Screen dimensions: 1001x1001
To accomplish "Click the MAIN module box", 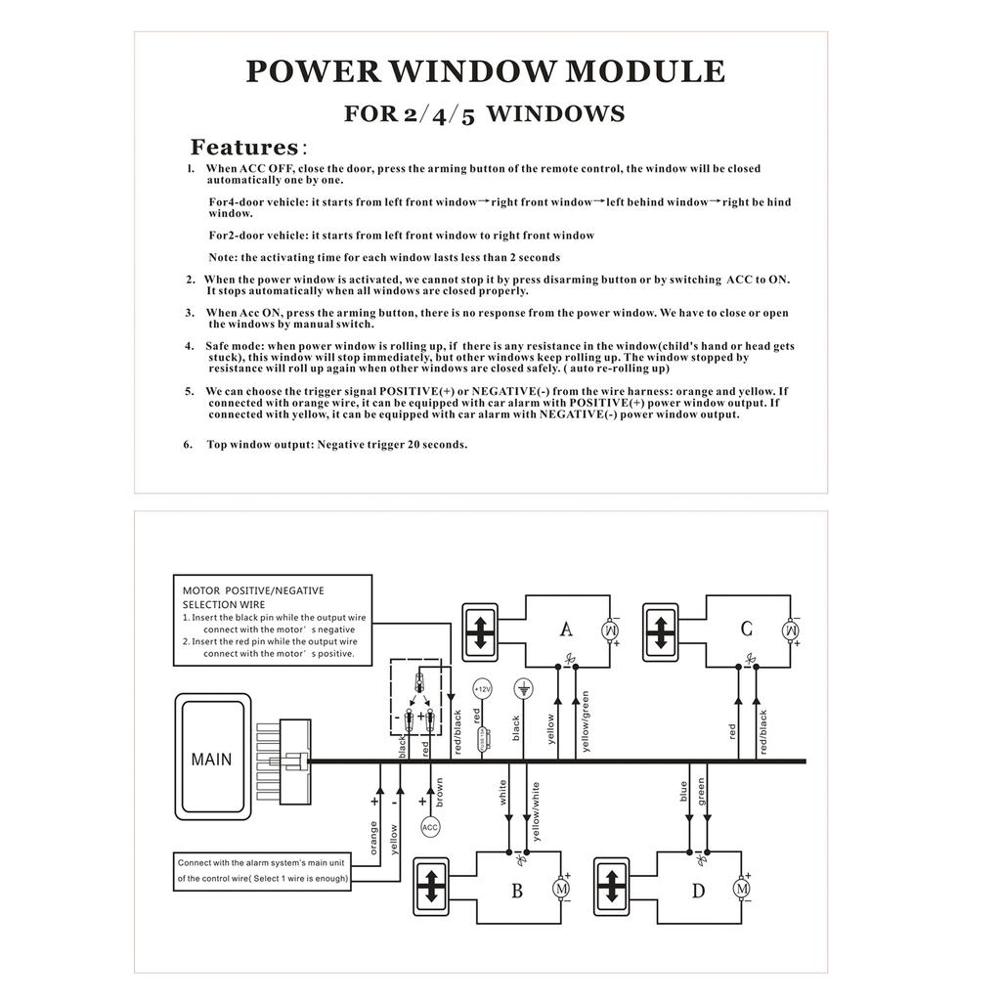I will [x=212, y=758].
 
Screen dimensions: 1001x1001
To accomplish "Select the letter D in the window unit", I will [x=698, y=890].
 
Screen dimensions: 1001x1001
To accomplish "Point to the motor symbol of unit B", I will [x=562, y=888].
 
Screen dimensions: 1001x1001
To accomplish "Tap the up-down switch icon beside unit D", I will [x=612, y=887].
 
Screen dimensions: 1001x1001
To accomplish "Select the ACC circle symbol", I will [x=430, y=827].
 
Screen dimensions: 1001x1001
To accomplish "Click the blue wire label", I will [x=685, y=790].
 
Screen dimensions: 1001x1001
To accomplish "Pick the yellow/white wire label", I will [x=536, y=810].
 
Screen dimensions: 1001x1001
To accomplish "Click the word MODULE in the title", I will [x=646, y=72].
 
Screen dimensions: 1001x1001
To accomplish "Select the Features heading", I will [x=243, y=148].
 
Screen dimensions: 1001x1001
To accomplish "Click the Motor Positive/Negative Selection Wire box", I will [x=272, y=621].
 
